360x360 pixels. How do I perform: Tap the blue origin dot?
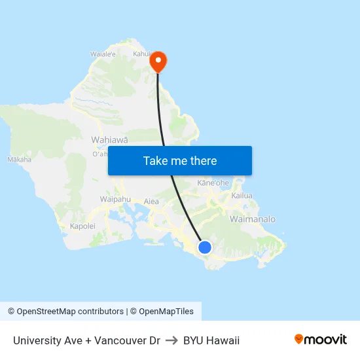click(x=205, y=247)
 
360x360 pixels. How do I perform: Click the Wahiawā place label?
click(x=109, y=140)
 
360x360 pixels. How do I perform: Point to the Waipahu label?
click(x=116, y=199)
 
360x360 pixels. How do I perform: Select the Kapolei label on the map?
click(x=82, y=226)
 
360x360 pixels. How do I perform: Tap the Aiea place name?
click(x=151, y=202)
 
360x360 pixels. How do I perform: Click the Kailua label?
click(x=242, y=196)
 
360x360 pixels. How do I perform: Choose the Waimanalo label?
click(x=252, y=219)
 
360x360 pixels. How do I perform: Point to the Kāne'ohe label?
click(x=213, y=183)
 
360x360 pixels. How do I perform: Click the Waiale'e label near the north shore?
click(x=103, y=55)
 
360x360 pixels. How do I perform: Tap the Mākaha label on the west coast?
click(x=19, y=159)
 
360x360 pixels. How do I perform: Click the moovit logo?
click(x=321, y=340)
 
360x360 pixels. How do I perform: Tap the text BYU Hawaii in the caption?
click(x=211, y=340)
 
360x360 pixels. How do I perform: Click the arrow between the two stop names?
click(x=171, y=340)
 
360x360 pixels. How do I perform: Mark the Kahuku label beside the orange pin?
click(x=142, y=54)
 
